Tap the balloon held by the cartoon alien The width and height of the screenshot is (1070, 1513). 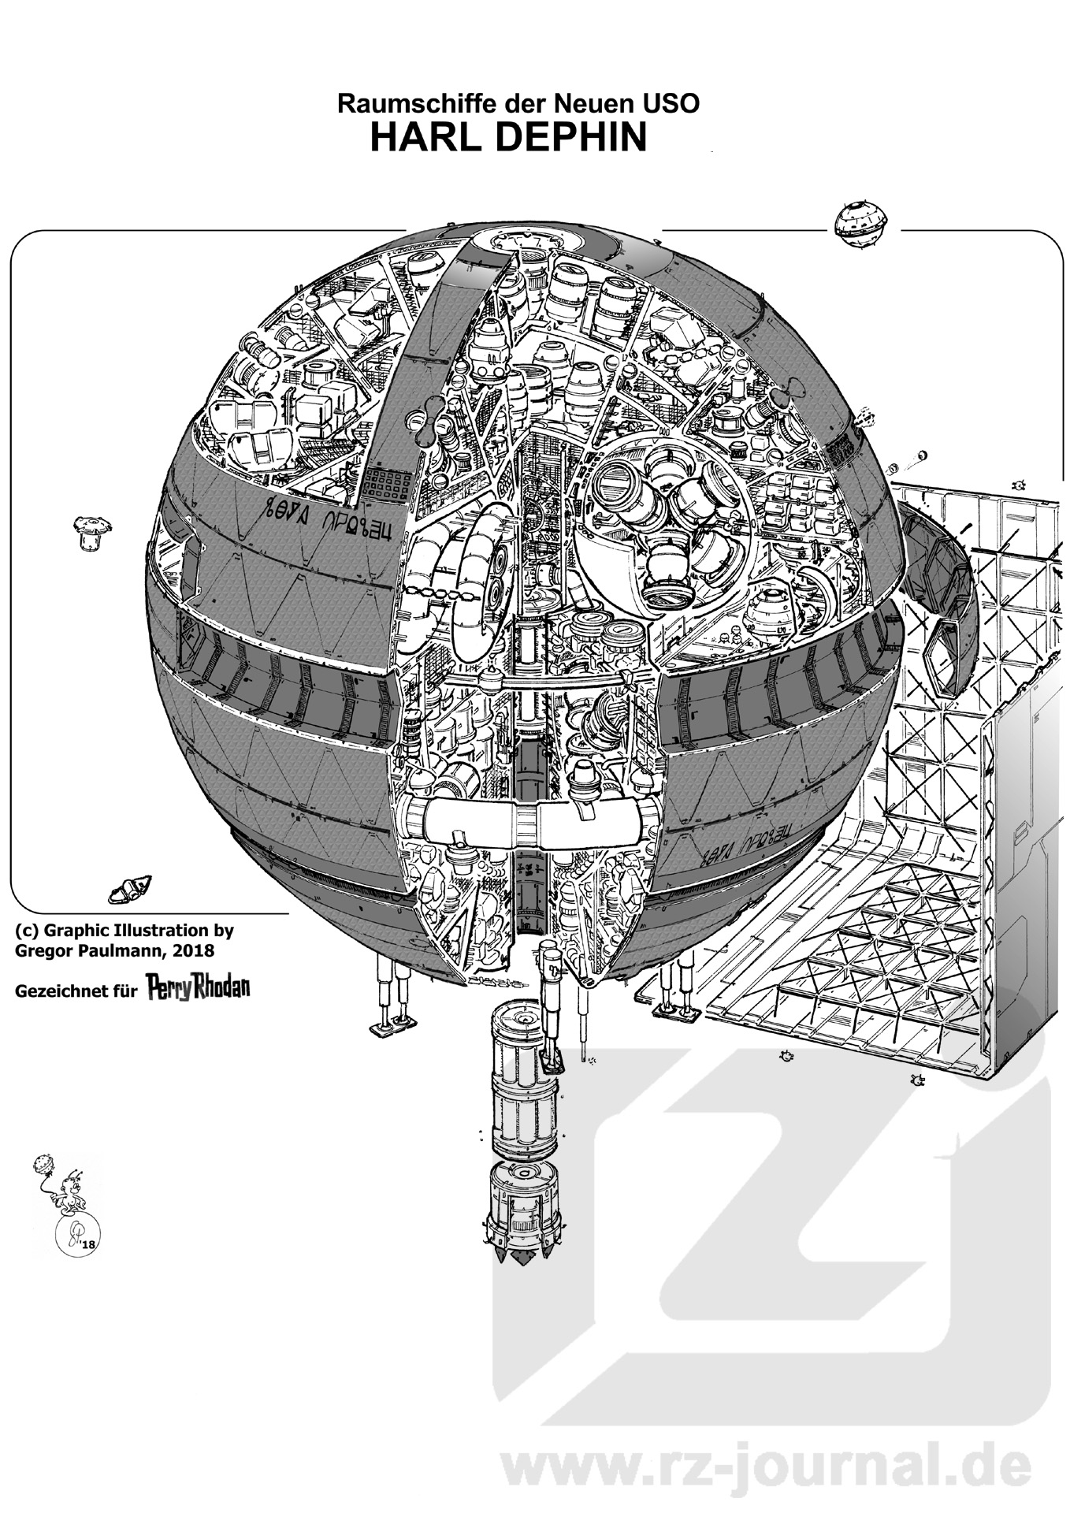point(43,1164)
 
